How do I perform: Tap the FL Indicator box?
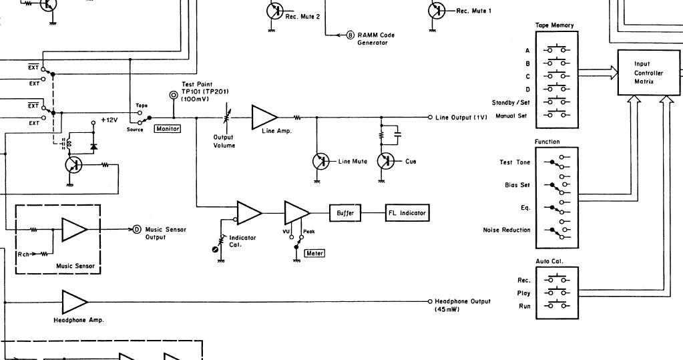coord(406,214)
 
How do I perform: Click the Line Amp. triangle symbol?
coord(263,117)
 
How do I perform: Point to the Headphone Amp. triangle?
coord(73,302)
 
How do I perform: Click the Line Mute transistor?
coord(322,162)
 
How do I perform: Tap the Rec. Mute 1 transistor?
coord(437,11)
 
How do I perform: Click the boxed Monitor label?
coord(168,128)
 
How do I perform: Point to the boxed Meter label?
coord(314,253)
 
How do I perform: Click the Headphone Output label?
coord(462,301)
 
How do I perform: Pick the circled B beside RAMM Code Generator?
coord(351,35)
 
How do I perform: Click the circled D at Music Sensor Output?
coord(137,230)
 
